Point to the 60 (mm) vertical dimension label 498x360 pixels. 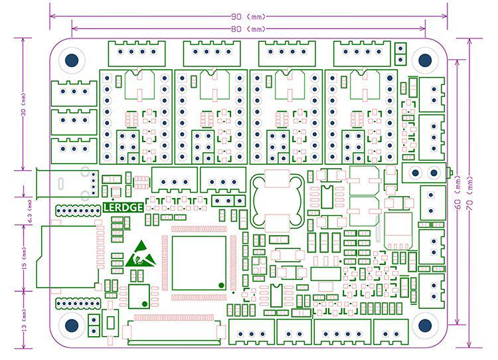point(457,199)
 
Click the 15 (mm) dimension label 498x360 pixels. point(23,257)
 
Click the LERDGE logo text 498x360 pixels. point(124,207)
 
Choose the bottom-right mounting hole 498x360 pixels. point(425,325)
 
